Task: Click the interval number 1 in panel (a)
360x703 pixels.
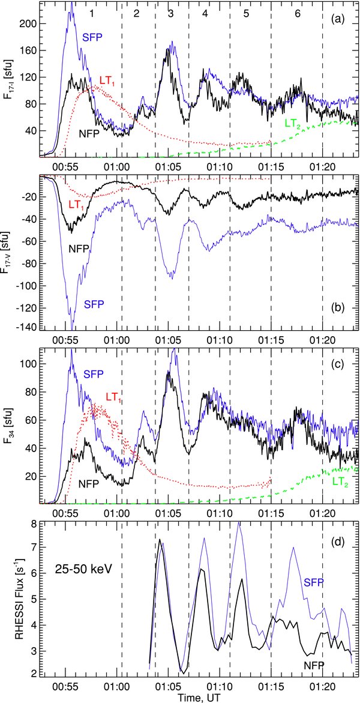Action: click(91, 13)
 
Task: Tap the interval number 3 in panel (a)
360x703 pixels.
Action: click(172, 13)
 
